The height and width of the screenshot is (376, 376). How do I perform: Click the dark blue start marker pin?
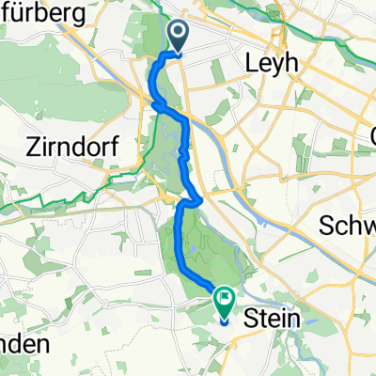[179, 36]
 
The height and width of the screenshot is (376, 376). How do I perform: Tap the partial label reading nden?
[23, 344]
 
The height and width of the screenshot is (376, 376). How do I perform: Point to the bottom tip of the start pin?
[179, 52]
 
